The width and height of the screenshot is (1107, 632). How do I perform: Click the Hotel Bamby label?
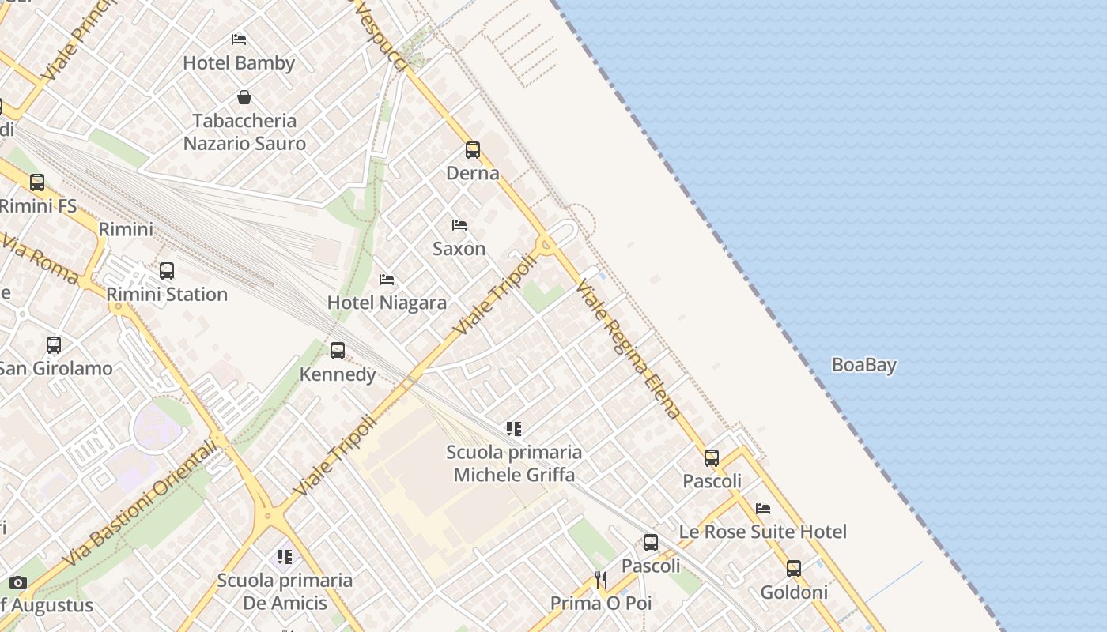(x=239, y=63)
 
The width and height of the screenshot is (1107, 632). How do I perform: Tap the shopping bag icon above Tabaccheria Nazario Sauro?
(x=244, y=97)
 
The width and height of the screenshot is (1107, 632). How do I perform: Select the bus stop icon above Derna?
(x=473, y=149)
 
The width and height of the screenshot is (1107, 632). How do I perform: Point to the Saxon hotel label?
(x=459, y=249)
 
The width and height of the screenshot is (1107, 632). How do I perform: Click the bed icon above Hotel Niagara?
(x=387, y=280)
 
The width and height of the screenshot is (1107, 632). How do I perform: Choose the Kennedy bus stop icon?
(x=338, y=350)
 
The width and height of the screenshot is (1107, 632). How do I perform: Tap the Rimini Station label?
(x=167, y=295)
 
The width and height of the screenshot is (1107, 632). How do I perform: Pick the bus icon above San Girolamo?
(x=54, y=345)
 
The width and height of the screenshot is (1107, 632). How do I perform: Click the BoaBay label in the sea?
(x=863, y=365)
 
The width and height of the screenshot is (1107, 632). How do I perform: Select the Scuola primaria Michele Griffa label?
(x=514, y=464)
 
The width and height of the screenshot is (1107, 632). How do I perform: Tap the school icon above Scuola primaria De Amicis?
(x=285, y=557)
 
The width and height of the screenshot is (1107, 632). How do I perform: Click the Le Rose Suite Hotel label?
(x=762, y=532)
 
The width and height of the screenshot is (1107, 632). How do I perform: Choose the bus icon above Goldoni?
(x=794, y=569)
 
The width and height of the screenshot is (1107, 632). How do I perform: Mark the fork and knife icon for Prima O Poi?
(x=601, y=580)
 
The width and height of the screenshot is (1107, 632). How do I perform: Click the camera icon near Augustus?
(x=17, y=583)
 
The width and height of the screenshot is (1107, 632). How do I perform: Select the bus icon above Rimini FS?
(x=37, y=182)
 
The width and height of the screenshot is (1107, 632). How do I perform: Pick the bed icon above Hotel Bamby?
(x=239, y=39)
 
